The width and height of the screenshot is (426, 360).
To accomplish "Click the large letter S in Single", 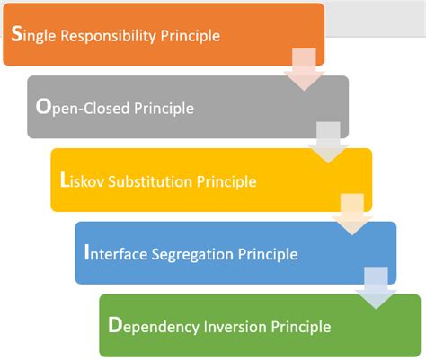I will [18, 35].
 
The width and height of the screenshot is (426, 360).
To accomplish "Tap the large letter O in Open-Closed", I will [43, 108].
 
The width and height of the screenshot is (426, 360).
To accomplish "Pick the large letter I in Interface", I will [86, 253].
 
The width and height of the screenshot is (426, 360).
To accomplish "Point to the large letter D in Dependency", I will [114, 325].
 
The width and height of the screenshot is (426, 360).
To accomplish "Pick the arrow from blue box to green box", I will [375, 289].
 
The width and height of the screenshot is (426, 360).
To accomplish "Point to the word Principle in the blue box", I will [267, 254].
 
